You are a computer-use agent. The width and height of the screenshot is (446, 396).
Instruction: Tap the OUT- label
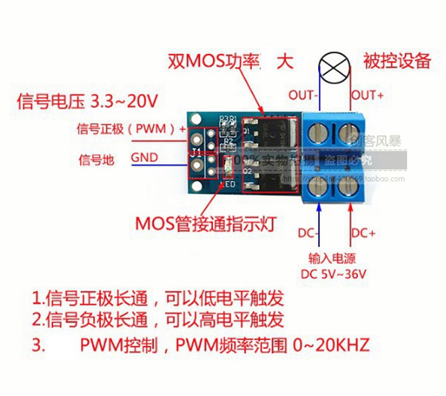click(x=304, y=95)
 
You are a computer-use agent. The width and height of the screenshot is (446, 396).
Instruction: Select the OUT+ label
click(x=368, y=95)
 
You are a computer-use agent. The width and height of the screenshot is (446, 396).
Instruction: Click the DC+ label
click(x=363, y=233)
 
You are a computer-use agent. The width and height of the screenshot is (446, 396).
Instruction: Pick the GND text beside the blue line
click(x=145, y=158)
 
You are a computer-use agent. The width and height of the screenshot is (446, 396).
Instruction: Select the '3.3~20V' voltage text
click(x=123, y=101)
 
